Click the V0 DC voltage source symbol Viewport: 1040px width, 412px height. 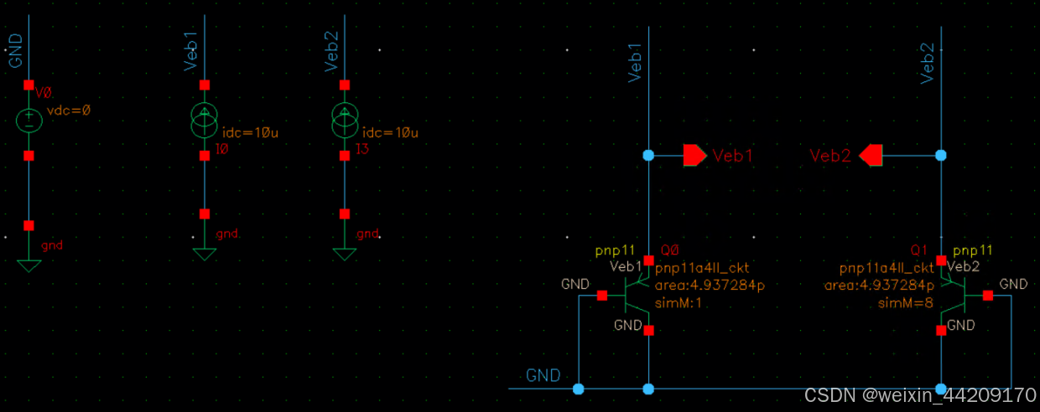tap(29, 120)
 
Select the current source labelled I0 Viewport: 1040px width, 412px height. tap(204, 120)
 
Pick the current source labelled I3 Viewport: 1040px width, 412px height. tap(344, 120)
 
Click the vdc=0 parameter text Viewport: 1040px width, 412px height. tap(68, 110)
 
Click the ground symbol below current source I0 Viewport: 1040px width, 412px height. tap(204, 254)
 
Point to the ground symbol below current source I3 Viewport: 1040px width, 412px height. tap(344, 254)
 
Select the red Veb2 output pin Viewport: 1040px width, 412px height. tap(871, 155)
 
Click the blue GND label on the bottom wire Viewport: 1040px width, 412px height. tap(543, 375)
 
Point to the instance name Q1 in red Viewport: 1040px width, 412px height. tap(919, 250)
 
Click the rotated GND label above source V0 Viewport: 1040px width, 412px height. tap(15, 50)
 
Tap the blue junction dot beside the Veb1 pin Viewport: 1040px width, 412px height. tap(647, 155)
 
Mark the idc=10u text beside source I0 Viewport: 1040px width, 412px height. tap(250, 133)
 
